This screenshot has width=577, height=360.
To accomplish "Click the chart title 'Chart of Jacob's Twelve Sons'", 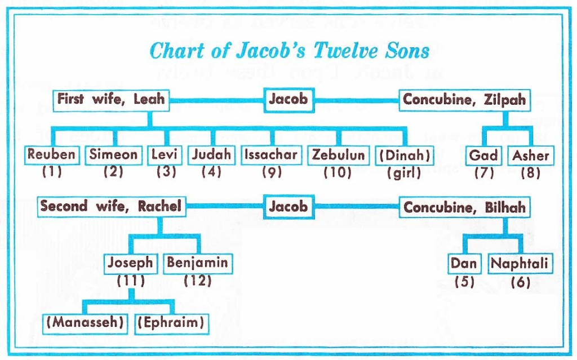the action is tap(289, 51).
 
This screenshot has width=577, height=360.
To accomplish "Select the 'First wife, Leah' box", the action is tap(111, 100).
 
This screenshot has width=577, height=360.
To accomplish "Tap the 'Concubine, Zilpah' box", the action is tap(464, 100).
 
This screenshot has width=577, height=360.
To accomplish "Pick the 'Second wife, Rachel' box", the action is tap(112, 207).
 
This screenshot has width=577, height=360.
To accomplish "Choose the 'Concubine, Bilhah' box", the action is tap(464, 207).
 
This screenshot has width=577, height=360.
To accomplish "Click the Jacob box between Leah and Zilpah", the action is tap(289, 100).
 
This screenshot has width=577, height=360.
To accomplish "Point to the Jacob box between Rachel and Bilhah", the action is tap(289, 207).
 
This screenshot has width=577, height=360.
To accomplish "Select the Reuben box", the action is tap(52, 154).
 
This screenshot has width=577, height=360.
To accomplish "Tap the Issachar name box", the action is tap(271, 155).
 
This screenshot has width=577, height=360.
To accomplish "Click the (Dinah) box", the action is tap(405, 155).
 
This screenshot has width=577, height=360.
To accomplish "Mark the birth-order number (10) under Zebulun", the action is tap(338, 172).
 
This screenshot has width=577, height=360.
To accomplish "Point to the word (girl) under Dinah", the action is tap(404, 172).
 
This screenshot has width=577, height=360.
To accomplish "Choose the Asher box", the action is tap(531, 155).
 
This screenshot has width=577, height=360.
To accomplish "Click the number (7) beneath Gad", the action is tap(484, 172).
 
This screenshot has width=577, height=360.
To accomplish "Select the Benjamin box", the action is tap(198, 263).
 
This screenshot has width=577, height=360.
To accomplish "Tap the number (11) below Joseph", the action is tap(131, 281).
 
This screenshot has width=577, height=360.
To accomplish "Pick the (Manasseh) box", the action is tap(85, 323).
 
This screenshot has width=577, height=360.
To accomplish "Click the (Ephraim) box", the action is tap(171, 323).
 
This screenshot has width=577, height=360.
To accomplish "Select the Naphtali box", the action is tap(520, 264).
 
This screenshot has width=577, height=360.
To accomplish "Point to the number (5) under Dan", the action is tap(464, 282).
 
